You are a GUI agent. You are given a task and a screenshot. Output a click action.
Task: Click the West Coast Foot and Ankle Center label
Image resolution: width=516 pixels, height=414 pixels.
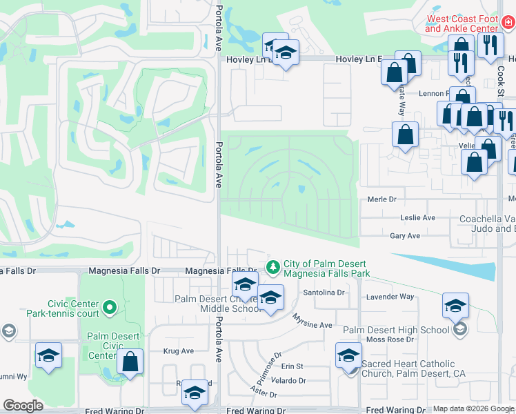pos(462,23)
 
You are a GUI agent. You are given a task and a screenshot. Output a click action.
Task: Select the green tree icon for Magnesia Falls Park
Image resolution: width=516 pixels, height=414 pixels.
pos(274,266)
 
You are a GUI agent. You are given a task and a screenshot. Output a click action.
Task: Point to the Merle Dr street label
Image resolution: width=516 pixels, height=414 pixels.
pos(383,199)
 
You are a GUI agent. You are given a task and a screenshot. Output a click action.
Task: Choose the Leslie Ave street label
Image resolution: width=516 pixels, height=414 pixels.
pos(418,217)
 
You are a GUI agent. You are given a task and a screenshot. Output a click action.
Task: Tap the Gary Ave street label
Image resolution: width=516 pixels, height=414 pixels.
pos(405,236)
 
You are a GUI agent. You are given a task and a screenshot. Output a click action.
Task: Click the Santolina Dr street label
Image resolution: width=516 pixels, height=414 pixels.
pos(324,293)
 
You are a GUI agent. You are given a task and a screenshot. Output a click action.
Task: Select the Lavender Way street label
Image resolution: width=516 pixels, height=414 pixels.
pos(394,297)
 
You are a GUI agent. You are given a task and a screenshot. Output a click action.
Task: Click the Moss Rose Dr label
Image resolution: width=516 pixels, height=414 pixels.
pos(390,339)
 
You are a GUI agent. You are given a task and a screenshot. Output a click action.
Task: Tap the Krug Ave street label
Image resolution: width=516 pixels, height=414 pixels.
pos(178,351)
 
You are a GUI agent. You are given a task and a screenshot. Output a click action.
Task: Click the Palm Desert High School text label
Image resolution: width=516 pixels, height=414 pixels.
pos(396,330)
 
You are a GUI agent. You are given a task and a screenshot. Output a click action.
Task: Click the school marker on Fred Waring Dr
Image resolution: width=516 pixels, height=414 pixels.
pos(195,394)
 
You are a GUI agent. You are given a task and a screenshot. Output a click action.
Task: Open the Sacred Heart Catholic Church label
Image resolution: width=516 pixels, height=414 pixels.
pos(419,368)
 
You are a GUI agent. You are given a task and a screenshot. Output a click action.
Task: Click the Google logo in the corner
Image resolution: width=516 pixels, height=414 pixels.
pos(23,406)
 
